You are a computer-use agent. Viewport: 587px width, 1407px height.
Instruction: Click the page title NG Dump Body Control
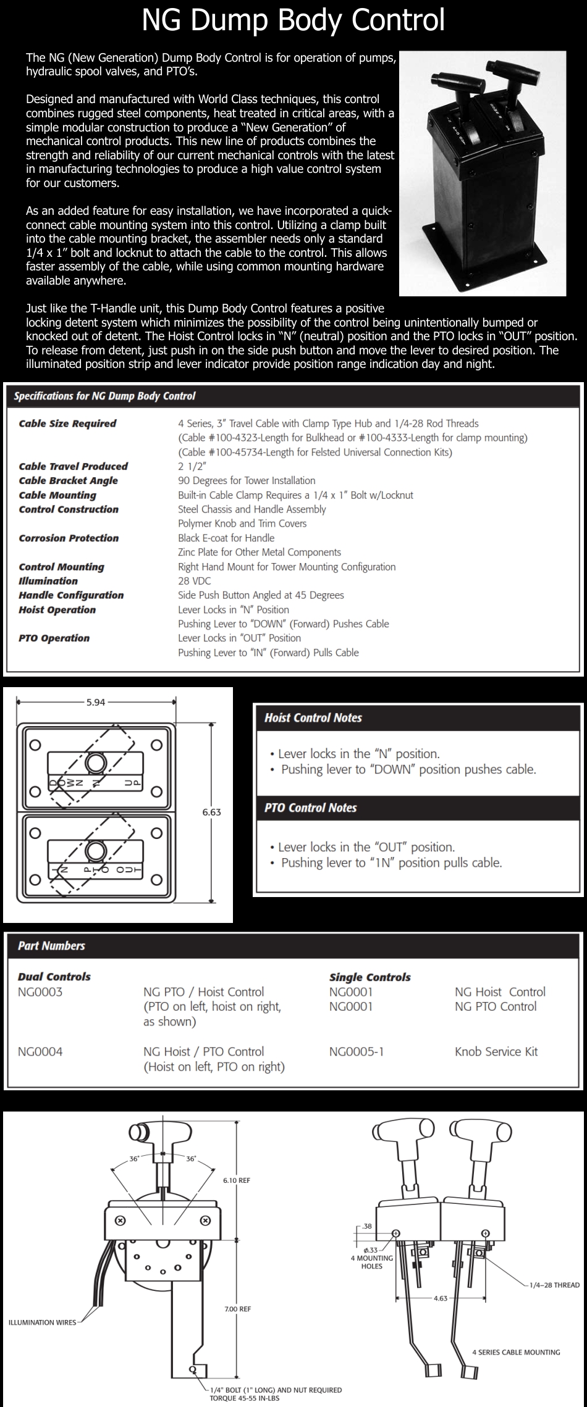[x=293, y=20]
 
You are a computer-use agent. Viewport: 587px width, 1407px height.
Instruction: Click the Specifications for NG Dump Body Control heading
[x=104, y=396]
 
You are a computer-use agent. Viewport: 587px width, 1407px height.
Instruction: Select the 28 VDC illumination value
[x=194, y=581]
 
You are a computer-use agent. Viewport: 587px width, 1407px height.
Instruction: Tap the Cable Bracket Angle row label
[x=68, y=481]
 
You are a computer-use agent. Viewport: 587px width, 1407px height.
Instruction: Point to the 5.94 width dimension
[x=96, y=702]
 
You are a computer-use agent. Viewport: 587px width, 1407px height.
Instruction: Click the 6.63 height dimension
[x=211, y=812]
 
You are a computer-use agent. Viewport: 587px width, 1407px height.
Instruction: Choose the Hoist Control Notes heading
[x=313, y=718]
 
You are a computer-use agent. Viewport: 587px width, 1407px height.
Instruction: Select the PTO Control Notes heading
[x=310, y=808]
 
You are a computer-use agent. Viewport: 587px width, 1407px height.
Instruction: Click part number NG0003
[x=40, y=992]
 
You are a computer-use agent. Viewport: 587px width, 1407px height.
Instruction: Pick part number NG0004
[x=40, y=1051]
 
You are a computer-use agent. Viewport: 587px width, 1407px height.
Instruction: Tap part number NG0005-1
[x=357, y=1051]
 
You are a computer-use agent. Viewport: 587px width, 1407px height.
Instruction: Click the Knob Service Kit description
[x=496, y=1051]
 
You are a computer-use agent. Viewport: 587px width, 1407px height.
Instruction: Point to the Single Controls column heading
[x=370, y=977]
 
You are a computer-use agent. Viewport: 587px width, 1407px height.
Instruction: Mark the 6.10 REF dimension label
[x=237, y=1180]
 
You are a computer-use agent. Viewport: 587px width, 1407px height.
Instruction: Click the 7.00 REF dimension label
[x=237, y=1309]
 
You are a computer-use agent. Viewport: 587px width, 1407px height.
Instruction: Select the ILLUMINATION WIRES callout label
[x=42, y=1323]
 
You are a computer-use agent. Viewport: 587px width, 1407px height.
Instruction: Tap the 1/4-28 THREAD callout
[x=554, y=1285]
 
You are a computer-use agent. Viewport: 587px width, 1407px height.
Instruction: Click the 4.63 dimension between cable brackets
[x=441, y=1298]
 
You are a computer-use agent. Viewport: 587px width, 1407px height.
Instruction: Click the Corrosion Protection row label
[x=69, y=538]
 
